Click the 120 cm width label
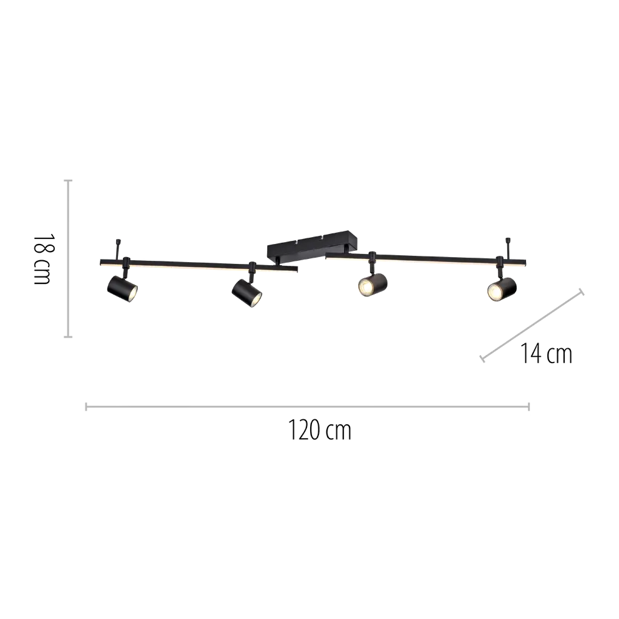click(319, 431)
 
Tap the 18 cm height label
click(42, 259)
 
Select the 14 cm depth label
click(546, 354)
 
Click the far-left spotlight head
click(122, 288)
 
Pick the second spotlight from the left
click(247, 293)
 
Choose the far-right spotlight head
click(502, 288)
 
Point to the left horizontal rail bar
click(198, 265)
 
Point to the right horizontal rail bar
click(426, 259)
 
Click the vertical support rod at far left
click(118, 250)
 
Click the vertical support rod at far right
click(508, 248)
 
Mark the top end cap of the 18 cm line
click(68, 180)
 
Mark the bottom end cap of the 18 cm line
click(68, 337)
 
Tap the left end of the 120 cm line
click(86, 407)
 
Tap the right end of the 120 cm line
click(529, 407)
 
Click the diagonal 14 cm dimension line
click(532, 325)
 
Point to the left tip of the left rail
click(100, 262)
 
